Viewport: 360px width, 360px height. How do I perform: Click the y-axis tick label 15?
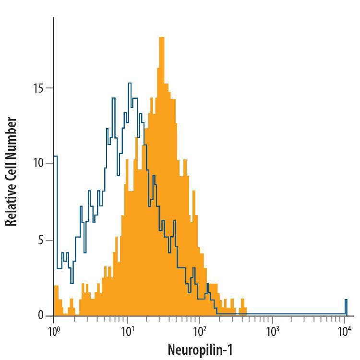pyautogui.click(x=39, y=89)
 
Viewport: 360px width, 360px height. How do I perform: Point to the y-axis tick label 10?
pyautogui.click(x=39, y=163)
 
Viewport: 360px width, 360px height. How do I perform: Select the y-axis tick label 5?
pyautogui.click(x=42, y=240)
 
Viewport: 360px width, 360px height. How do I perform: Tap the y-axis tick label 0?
pyautogui.click(x=42, y=315)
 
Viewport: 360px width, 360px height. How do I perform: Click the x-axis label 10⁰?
pyautogui.click(x=53, y=331)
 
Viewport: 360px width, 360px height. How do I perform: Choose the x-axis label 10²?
pyautogui.click(x=199, y=331)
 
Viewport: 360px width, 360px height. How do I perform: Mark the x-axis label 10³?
pyautogui.click(x=272, y=331)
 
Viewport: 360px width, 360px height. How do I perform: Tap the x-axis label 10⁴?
pyautogui.click(x=345, y=331)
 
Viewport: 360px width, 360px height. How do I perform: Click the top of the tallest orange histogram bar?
pyautogui.click(x=162, y=37)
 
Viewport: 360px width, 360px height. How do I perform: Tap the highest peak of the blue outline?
pyautogui.click(x=130, y=84)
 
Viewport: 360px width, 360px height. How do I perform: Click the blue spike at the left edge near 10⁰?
pyautogui.click(x=55, y=157)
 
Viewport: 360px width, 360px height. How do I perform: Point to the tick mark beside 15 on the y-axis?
pyautogui.click(x=50, y=88)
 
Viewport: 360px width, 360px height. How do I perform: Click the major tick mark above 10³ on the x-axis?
pyautogui.click(x=273, y=319)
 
